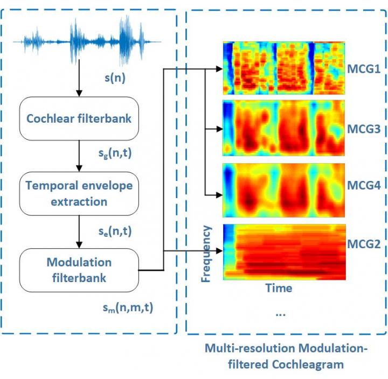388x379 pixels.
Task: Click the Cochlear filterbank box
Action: tap(79, 118)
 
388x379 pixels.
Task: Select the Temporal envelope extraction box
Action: tap(79, 193)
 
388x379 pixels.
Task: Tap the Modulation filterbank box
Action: tap(79, 270)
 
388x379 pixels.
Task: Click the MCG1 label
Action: tap(364, 69)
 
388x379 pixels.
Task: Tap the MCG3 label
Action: tap(364, 129)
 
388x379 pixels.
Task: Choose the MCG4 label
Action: tap(364, 186)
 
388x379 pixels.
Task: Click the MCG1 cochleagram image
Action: tap(284, 68)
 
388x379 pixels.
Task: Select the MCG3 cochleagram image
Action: tap(284, 129)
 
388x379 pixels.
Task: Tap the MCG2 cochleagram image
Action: tap(284, 251)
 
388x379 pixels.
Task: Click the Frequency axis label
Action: tap(206, 254)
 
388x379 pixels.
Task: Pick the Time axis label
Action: tap(279, 288)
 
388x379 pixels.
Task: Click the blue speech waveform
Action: tap(88, 39)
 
